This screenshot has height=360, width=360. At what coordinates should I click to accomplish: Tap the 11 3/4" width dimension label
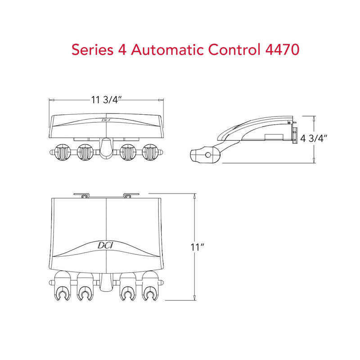point(106,100)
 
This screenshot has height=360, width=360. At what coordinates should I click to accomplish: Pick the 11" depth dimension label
point(198,247)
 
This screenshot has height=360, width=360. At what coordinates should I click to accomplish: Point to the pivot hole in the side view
point(207,154)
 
